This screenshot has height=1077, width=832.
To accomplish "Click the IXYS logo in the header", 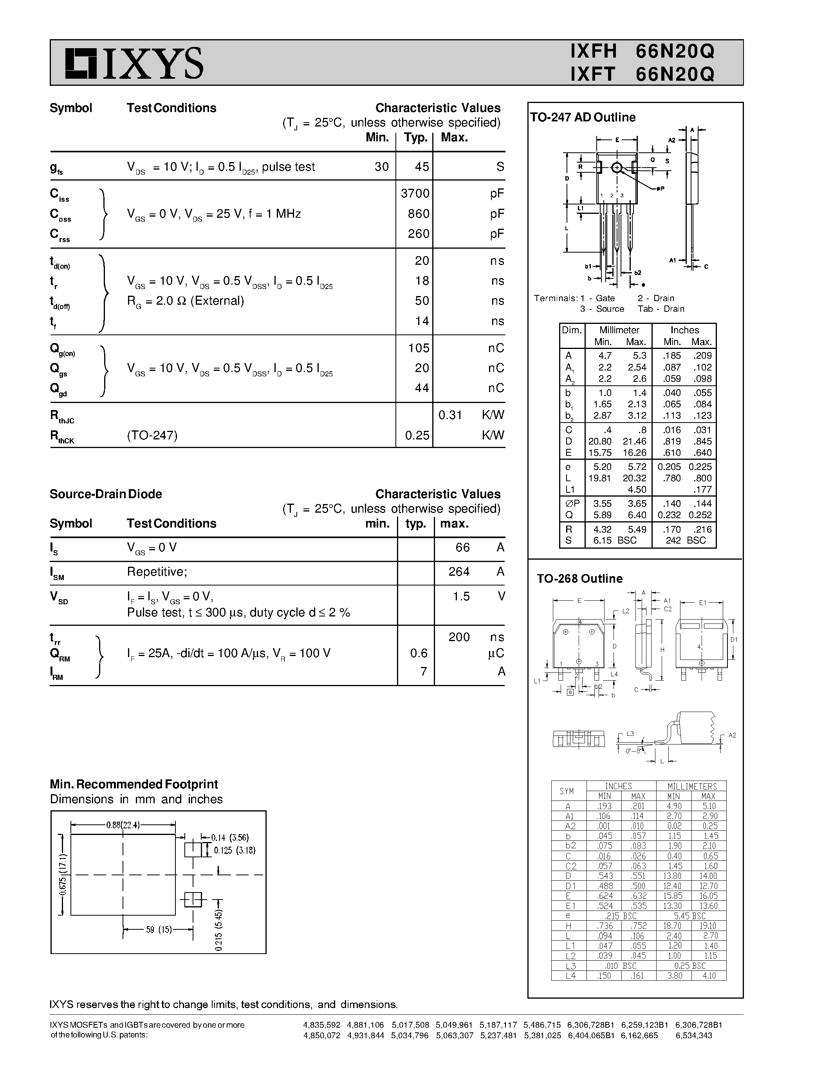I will click(x=134, y=63).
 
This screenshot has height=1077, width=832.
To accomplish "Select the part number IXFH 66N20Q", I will click(x=642, y=51).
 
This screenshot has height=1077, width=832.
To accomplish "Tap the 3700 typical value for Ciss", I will click(x=415, y=193).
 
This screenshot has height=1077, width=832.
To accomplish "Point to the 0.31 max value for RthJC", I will click(x=450, y=415).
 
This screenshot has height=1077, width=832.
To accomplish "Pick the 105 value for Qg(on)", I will click(x=419, y=348).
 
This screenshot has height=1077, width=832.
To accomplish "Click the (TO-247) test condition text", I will click(x=152, y=435).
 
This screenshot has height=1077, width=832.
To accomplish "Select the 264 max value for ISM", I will click(x=459, y=571).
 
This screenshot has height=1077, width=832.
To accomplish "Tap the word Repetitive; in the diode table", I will click(x=157, y=571).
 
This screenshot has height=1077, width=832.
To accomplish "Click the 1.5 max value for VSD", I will click(x=461, y=596).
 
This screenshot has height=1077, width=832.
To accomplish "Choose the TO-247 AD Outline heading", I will click(x=583, y=117).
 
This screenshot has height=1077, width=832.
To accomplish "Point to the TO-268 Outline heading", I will click(x=579, y=578).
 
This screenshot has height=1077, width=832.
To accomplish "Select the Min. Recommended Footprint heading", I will click(x=134, y=784).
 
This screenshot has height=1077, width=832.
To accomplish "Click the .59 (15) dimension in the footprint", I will click(x=158, y=930).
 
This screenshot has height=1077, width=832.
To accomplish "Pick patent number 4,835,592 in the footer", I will click(x=321, y=1025).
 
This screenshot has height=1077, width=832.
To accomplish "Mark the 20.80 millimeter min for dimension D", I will click(x=599, y=441).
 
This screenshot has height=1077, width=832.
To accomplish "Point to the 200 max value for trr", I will click(x=459, y=637).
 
